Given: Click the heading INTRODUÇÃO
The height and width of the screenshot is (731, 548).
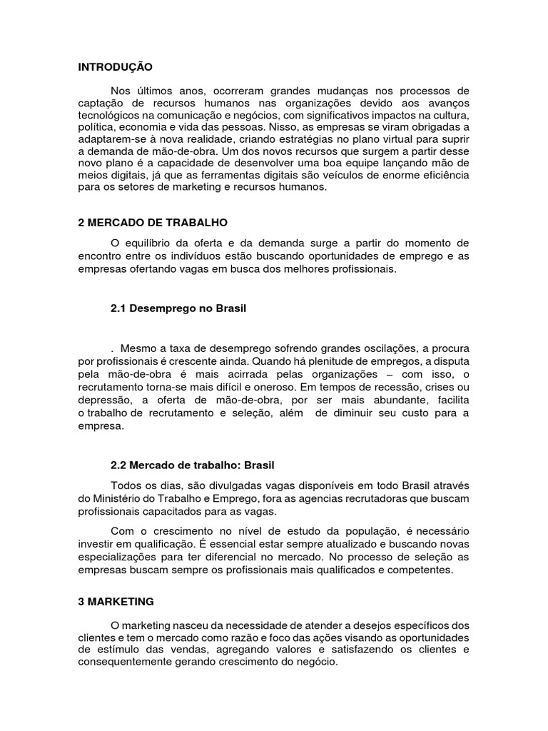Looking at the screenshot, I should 115,67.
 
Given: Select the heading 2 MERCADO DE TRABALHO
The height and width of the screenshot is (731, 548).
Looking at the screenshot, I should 153,223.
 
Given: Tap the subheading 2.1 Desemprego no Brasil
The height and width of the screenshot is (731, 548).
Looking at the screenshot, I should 178,309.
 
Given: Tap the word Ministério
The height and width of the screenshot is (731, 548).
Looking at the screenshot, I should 117,498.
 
